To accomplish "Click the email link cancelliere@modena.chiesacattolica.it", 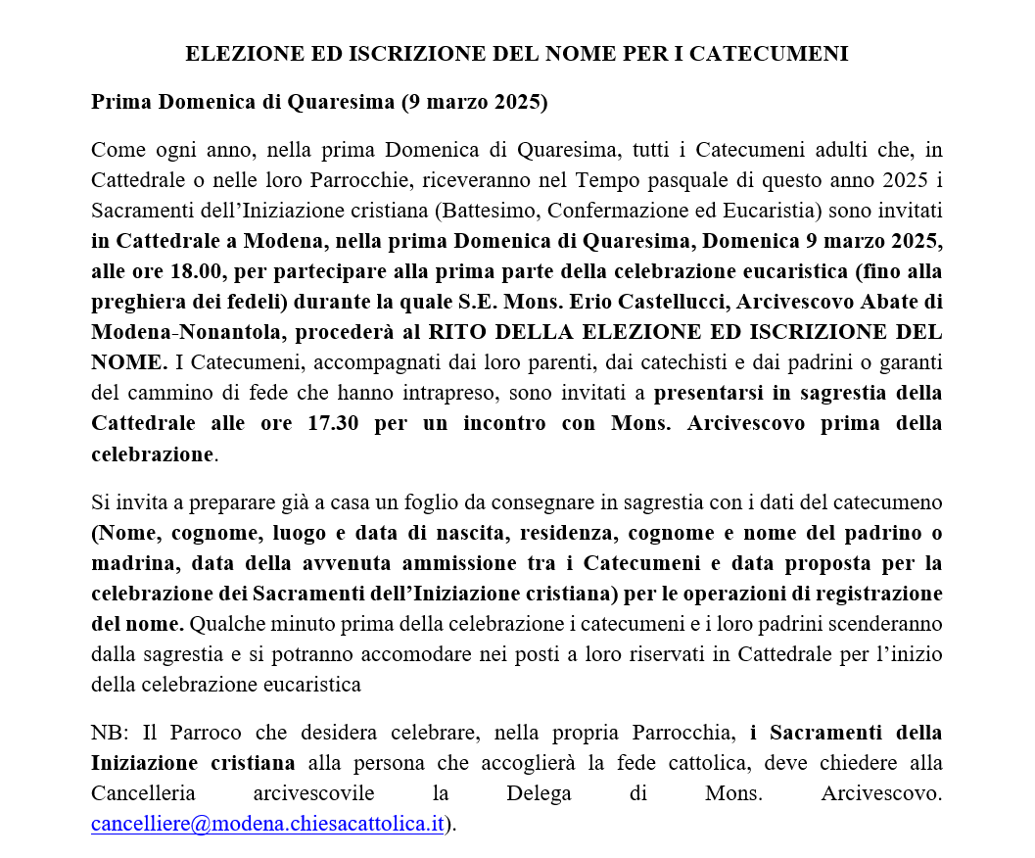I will (x=267, y=824).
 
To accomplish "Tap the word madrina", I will (x=133, y=563).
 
